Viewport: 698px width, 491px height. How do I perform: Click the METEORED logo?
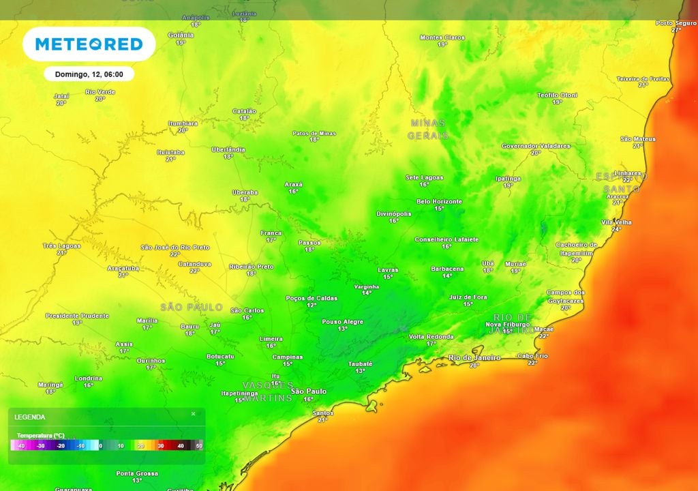tap(89, 44)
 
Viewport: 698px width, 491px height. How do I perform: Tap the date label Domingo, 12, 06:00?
tap(89, 74)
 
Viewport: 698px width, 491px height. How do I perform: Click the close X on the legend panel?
tap(193, 414)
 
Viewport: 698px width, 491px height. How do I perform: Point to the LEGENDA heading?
tap(30, 417)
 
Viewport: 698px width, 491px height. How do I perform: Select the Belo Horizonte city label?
tap(439, 201)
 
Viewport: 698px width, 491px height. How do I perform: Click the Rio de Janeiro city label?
tap(474, 357)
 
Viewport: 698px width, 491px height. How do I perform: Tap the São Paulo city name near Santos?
tap(308, 391)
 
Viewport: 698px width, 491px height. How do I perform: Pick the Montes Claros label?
tap(442, 38)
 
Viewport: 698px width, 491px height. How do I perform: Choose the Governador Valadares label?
tap(535, 146)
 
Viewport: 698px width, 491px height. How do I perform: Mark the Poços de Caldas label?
tap(311, 298)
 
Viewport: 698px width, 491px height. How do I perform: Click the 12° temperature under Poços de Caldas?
tap(311, 305)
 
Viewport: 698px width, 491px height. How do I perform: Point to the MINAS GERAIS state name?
tap(427, 129)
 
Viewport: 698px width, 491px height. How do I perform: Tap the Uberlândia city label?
tap(228, 149)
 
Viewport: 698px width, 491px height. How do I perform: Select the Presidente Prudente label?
tap(77, 316)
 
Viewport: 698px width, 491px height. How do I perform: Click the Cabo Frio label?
tap(532, 355)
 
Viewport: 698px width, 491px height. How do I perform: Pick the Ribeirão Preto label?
tap(251, 267)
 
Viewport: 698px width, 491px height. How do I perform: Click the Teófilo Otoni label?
tap(557, 95)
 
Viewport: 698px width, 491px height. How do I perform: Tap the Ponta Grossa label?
tap(137, 473)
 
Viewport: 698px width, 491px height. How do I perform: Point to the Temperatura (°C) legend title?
tap(41, 434)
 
